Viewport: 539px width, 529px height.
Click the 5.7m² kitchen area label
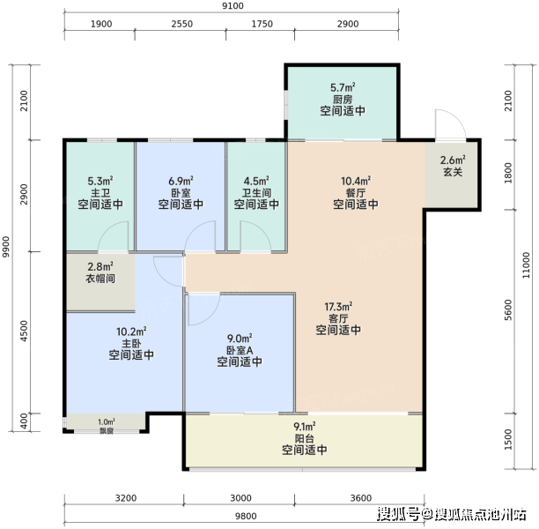click(343, 87)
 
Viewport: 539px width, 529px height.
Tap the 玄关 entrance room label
click(453, 172)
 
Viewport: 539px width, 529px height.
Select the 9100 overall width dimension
click(233, 6)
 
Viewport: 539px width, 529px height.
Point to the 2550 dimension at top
click(181, 24)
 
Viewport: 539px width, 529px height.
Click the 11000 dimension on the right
click(526, 265)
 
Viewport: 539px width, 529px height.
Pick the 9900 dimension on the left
click(6, 247)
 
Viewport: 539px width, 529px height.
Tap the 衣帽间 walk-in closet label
click(100, 278)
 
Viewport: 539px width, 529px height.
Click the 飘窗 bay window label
click(107, 430)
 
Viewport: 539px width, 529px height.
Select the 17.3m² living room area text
click(338, 306)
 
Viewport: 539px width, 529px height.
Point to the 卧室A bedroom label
click(240, 350)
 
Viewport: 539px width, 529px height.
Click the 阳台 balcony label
click(304, 438)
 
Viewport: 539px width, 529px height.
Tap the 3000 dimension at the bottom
click(240, 498)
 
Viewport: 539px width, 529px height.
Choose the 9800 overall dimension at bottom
click(246, 516)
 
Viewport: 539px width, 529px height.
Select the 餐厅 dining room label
click(356, 193)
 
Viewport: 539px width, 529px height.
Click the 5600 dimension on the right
click(508, 309)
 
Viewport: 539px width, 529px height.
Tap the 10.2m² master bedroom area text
click(131, 332)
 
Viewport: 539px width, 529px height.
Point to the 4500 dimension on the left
click(24, 331)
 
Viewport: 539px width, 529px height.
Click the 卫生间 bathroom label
click(256, 193)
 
